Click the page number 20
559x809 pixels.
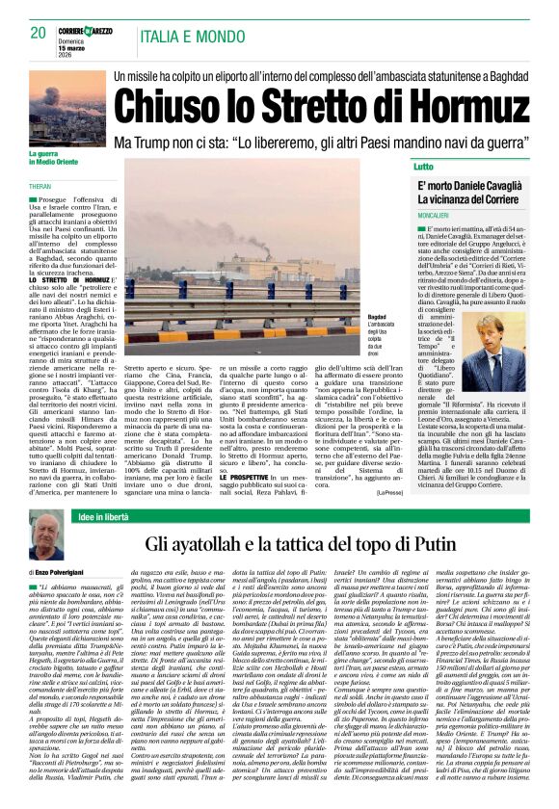(39, 32)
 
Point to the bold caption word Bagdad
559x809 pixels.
(378, 316)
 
